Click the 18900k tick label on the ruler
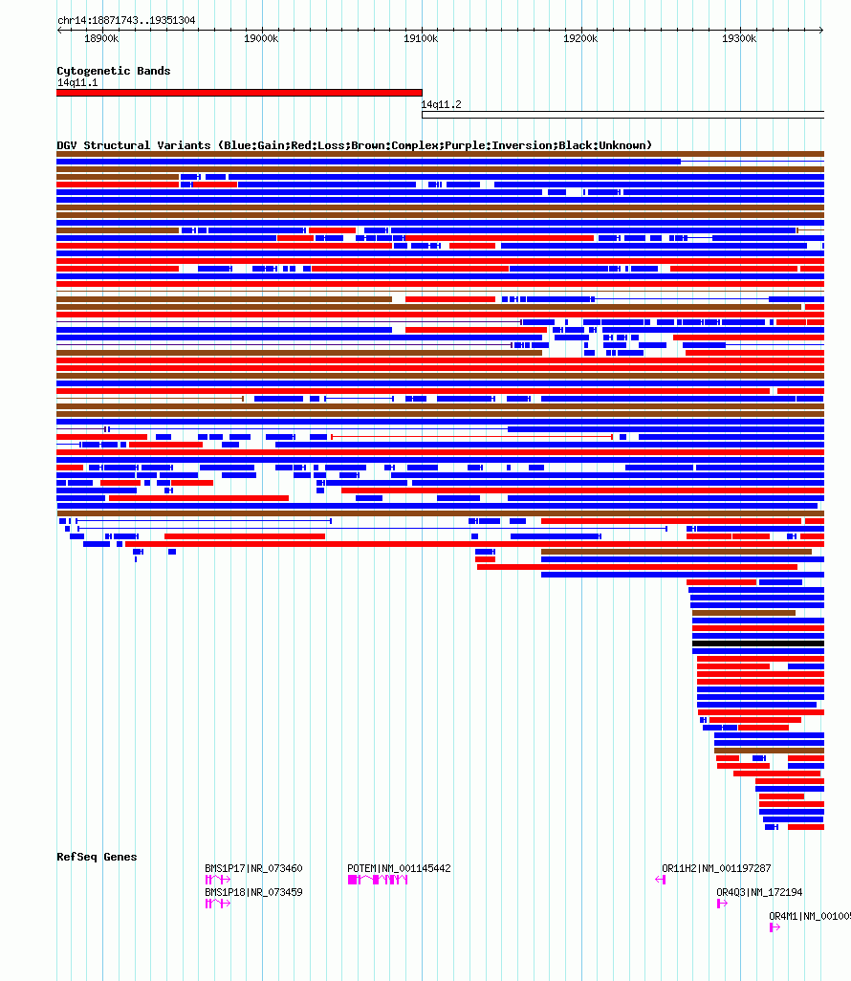click(101, 38)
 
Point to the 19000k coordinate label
click(261, 38)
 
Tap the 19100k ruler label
click(421, 38)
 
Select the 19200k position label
click(580, 38)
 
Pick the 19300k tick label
click(739, 38)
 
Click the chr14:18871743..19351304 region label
click(126, 20)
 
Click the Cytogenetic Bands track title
click(113, 71)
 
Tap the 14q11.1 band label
click(76, 82)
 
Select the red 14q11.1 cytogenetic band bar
click(239, 93)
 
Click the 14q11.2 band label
click(441, 104)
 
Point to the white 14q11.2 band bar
click(622, 115)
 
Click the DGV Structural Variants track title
click(354, 145)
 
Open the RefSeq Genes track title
click(97, 857)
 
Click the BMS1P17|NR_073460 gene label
click(253, 868)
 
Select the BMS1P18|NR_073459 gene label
click(253, 892)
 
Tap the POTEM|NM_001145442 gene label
click(399, 868)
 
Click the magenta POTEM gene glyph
click(378, 880)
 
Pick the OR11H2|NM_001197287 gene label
click(716, 868)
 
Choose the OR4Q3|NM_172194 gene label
click(759, 892)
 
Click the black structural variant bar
click(757, 643)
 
